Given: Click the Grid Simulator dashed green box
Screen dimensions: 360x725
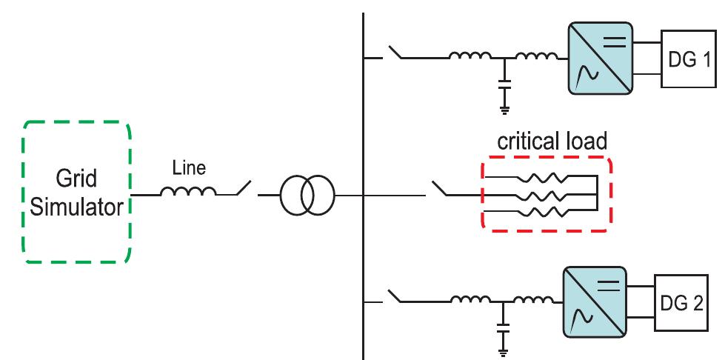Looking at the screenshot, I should (77, 193).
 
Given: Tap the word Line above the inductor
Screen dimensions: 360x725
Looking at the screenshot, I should (189, 169).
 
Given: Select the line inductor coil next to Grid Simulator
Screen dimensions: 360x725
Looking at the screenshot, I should (189, 193).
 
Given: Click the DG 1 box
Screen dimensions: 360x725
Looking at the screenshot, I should (688, 59).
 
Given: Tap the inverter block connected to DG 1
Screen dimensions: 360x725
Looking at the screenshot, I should (601, 59).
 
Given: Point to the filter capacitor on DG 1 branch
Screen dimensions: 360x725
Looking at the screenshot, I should (504, 87).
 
